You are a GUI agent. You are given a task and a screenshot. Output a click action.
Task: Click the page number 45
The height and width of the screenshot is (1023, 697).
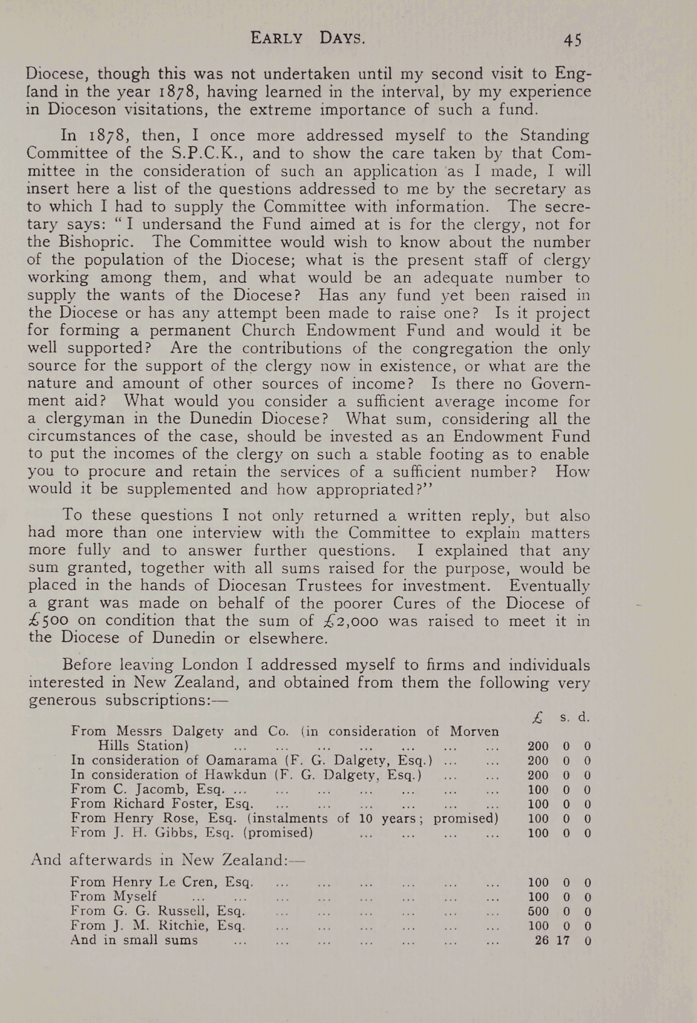(x=572, y=39)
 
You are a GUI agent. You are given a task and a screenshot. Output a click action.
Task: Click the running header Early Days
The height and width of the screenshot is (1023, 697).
(x=307, y=38)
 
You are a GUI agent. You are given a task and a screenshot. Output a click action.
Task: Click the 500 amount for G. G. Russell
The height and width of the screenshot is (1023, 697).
(x=538, y=912)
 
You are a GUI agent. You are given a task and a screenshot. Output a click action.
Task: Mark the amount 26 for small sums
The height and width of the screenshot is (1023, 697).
(x=542, y=940)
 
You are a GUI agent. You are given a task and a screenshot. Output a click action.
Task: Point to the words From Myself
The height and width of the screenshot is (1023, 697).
(x=113, y=897)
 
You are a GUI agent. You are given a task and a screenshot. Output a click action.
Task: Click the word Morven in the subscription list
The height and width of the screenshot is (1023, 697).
(x=475, y=731)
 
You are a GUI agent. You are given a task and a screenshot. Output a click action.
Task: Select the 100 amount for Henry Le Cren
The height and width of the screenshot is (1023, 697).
(x=538, y=883)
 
